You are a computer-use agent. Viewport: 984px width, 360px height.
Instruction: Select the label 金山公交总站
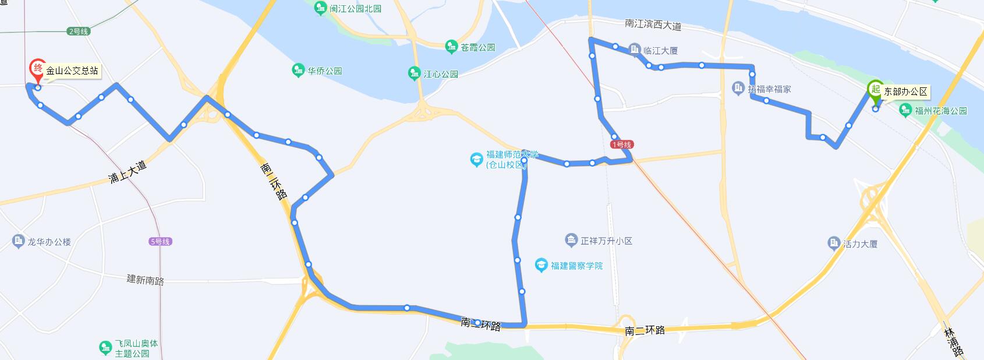(x=72, y=71)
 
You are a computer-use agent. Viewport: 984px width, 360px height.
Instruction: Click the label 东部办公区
(x=905, y=91)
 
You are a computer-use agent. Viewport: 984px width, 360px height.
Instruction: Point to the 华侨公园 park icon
(x=298, y=70)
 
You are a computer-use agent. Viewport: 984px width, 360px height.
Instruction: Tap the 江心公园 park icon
(x=414, y=74)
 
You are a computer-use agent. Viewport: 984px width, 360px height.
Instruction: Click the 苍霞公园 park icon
(x=451, y=47)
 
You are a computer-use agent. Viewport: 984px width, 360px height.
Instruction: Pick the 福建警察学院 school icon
(x=541, y=266)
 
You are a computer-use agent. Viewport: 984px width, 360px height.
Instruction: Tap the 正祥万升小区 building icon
(x=571, y=240)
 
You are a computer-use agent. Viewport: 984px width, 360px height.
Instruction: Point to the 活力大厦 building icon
(x=834, y=243)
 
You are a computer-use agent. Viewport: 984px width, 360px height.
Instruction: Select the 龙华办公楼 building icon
(x=18, y=241)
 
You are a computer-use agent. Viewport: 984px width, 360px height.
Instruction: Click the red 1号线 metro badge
(x=621, y=144)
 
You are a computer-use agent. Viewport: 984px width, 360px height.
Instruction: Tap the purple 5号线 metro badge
(x=160, y=242)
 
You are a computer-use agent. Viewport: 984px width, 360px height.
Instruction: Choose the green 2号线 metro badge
(x=77, y=31)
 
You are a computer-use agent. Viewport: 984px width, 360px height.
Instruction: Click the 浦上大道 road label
(x=128, y=172)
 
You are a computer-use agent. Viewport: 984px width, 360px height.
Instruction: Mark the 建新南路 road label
(x=146, y=280)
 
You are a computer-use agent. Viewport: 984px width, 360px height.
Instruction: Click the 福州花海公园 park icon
(x=905, y=110)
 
